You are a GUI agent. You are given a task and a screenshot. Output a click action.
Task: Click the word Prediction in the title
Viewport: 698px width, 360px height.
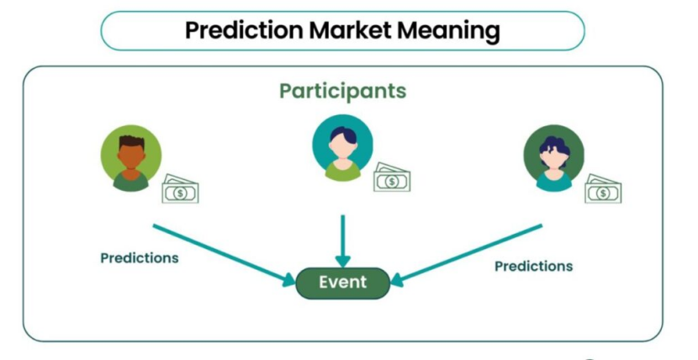pos(243,31)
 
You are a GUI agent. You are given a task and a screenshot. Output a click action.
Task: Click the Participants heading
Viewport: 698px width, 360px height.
pos(342,91)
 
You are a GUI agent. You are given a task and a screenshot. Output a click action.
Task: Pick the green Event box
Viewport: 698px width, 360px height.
pos(342,283)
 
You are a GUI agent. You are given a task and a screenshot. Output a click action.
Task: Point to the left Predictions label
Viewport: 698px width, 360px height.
pos(140,258)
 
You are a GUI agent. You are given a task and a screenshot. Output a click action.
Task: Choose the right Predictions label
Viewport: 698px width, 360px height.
pos(533,267)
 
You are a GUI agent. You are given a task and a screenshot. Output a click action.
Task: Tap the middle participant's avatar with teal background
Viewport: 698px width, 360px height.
pos(342,150)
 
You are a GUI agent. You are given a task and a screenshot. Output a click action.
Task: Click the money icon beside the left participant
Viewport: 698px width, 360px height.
pos(180,190)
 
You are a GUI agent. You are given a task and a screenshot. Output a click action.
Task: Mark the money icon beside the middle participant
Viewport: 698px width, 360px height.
pos(392,178)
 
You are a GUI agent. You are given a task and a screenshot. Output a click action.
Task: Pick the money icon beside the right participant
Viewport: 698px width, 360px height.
pos(603,190)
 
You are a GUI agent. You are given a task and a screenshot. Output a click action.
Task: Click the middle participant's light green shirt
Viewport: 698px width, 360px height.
pos(342,172)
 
